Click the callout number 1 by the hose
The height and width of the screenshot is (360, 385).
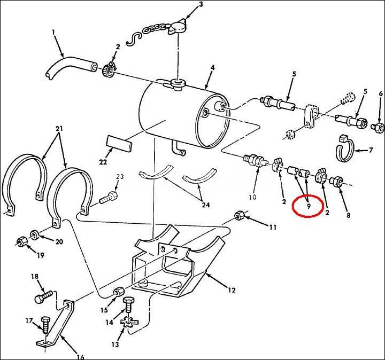[53, 33]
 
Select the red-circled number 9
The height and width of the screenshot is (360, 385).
[309, 205]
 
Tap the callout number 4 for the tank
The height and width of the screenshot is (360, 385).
[212, 68]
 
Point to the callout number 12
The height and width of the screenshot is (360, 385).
[231, 291]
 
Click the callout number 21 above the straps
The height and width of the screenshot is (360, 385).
[58, 129]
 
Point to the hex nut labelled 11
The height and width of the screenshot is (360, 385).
[240, 216]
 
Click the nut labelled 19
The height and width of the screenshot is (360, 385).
[20, 241]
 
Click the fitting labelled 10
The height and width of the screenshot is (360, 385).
[252, 160]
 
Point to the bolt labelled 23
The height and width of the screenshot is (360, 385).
[108, 199]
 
